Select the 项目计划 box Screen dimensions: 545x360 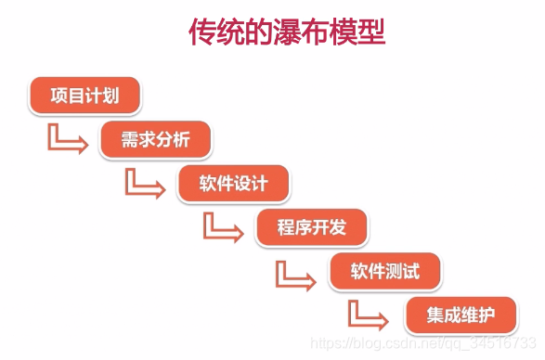point(84,96)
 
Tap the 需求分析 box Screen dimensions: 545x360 point(157,140)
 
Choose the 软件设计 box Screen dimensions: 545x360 point(234,183)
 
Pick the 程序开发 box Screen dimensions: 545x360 point(311,227)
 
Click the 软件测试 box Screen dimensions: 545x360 point(385,272)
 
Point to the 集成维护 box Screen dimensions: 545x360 point(461,315)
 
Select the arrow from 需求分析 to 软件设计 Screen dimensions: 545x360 point(144,183)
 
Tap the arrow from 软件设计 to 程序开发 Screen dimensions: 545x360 point(222,227)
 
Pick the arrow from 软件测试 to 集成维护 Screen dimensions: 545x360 point(369,315)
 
